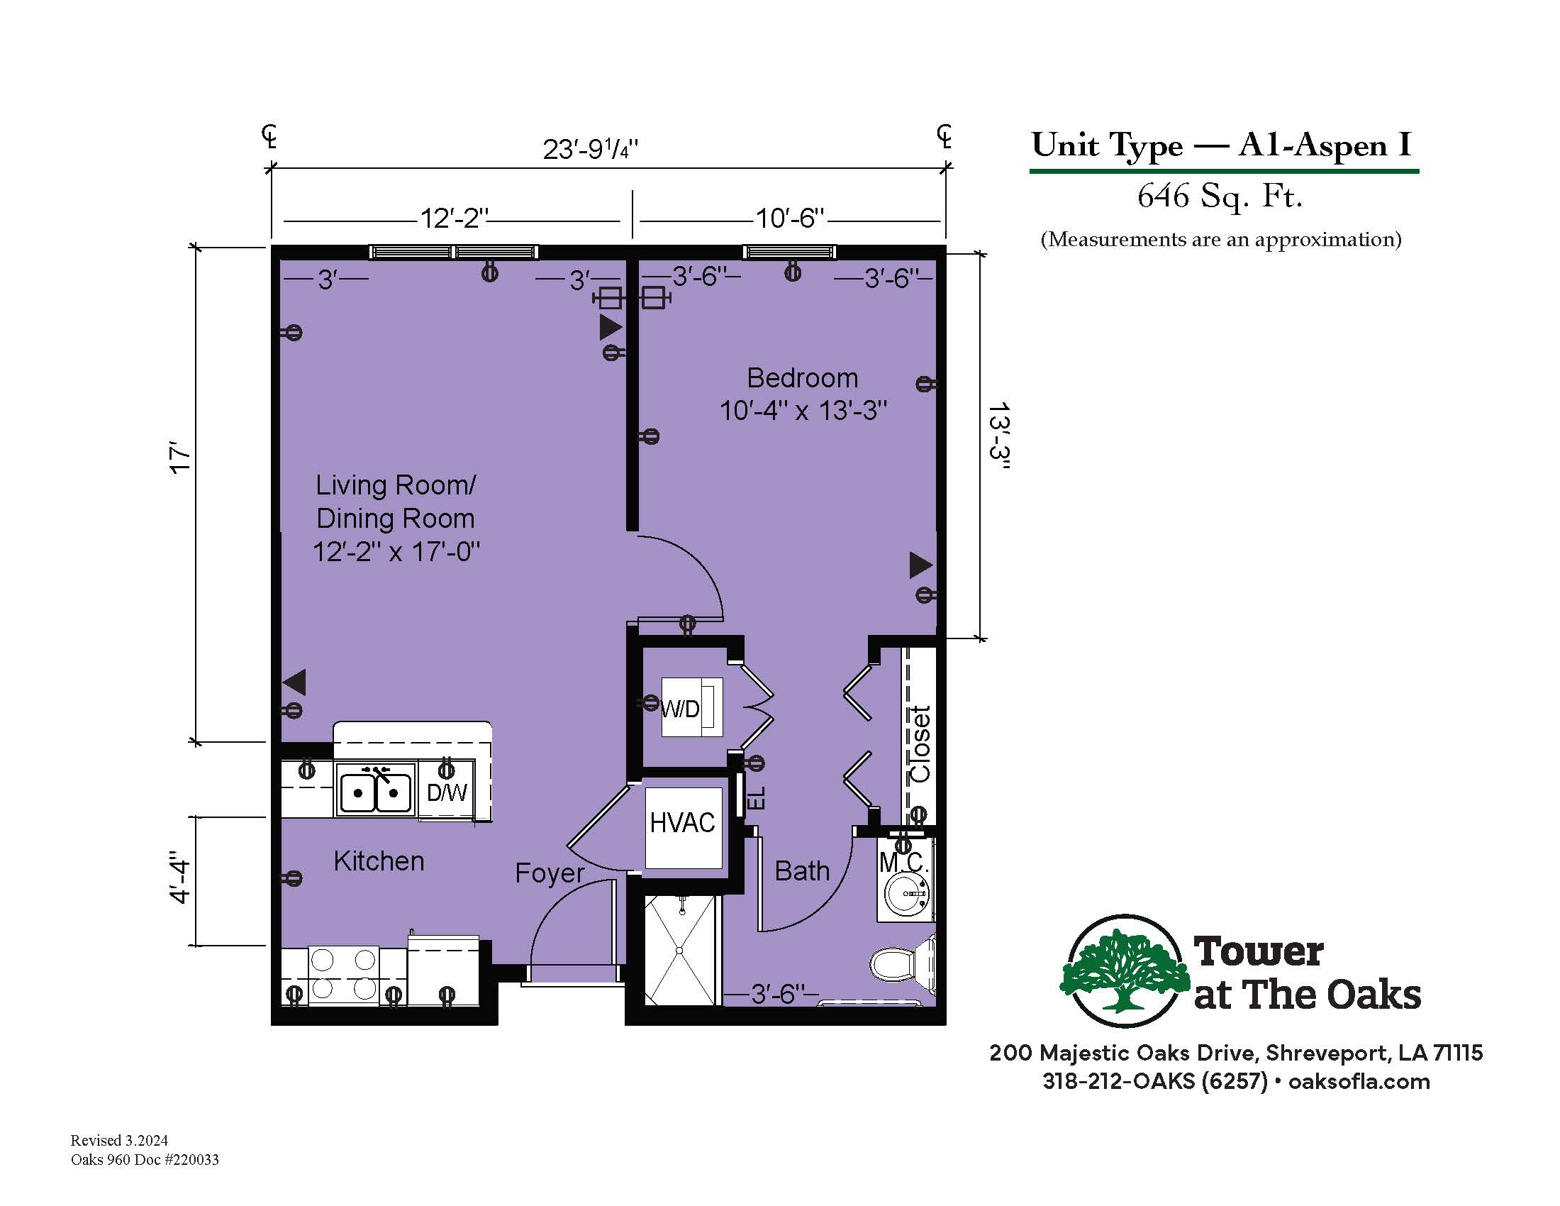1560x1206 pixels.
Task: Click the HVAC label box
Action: (683, 827)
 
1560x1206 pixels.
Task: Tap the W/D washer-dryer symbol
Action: (691, 707)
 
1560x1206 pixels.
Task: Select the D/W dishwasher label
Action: (447, 792)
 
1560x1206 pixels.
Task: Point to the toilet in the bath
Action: (903, 964)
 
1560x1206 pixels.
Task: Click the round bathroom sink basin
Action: (907, 893)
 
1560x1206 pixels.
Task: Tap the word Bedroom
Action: (802, 378)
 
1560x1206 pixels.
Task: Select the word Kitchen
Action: (379, 861)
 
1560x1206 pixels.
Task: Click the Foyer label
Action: (550, 874)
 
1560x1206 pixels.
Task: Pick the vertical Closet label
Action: (919, 744)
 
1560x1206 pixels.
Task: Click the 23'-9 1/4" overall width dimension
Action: (590, 149)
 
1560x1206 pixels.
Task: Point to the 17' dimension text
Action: (180, 459)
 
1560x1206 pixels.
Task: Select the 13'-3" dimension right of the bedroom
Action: (998, 436)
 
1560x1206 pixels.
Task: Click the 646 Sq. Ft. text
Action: (1220, 196)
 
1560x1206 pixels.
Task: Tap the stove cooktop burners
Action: (344, 973)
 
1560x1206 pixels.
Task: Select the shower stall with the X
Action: (679, 951)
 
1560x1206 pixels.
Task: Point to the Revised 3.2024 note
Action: (119, 1140)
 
